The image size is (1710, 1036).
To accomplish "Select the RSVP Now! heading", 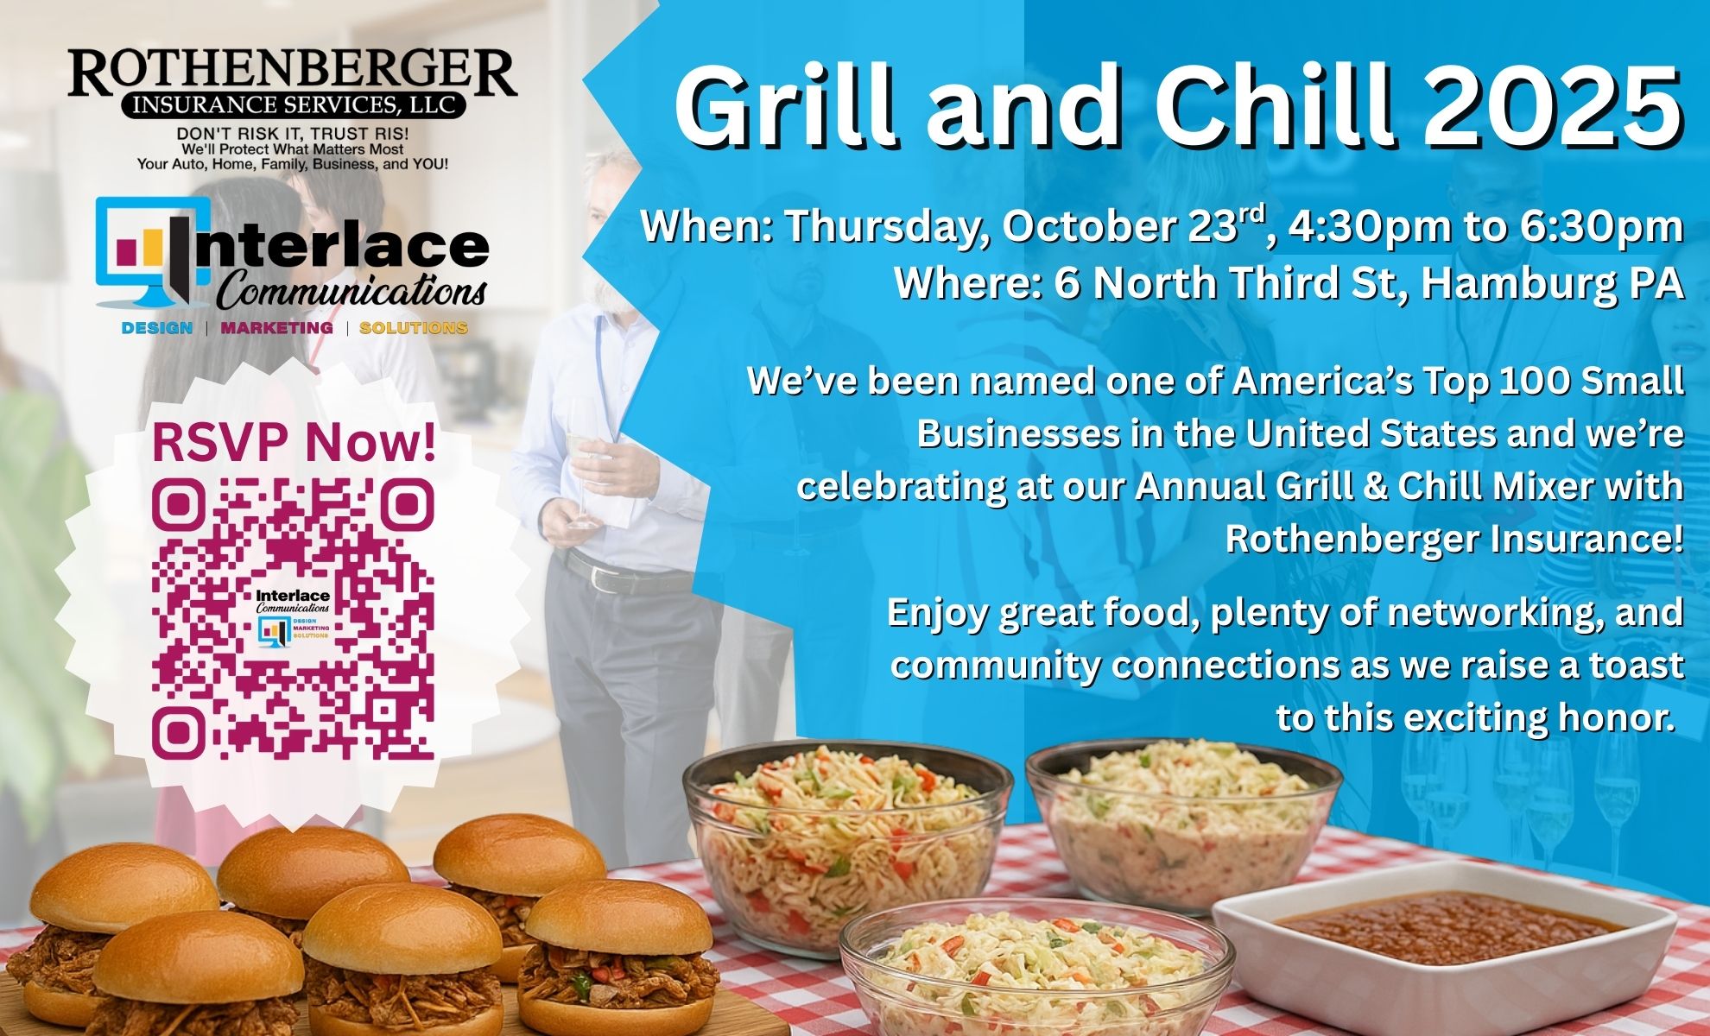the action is (294, 441).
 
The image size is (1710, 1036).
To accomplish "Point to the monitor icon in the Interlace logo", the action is (152, 250).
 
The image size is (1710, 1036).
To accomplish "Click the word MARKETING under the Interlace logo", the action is (276, 328).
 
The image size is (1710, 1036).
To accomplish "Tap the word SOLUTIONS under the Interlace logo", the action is (414, 328).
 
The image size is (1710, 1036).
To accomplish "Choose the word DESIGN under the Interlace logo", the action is (157, 328).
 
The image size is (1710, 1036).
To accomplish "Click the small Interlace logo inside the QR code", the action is (293, 615).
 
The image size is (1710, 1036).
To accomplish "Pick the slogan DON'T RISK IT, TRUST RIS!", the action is (293, 135).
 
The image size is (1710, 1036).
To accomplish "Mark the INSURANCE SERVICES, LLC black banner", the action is (293, 105).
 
